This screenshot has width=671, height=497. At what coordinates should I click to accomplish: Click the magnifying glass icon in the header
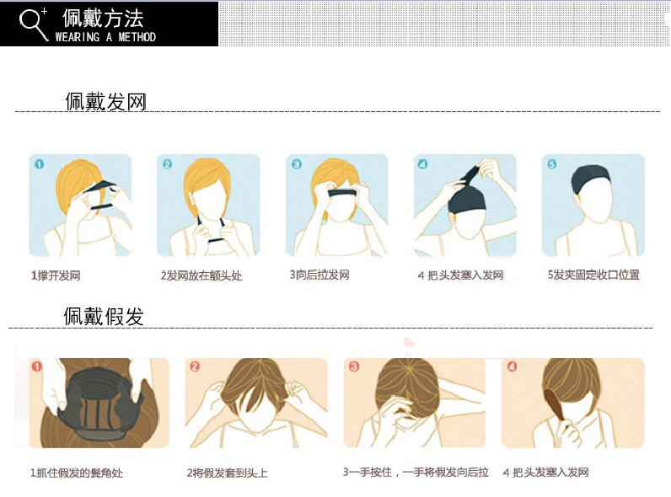click(x=34, y=24)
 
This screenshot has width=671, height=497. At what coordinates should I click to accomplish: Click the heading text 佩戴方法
click(x=103, y=18)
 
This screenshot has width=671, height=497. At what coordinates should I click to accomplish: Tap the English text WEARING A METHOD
click(x=105, y=37)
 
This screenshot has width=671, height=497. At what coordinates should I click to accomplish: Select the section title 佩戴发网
click(x=105, y=102)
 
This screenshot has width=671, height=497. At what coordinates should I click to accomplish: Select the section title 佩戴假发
click(x=104, y=317)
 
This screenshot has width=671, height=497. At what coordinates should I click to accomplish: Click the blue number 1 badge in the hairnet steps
click(x=40, y=163)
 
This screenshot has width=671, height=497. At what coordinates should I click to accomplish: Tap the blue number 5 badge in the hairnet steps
click(x=552, y=163)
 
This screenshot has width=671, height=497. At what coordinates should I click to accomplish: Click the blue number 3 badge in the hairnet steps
click(x=296, y=163)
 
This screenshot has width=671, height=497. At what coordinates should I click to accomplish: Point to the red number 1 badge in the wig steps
click(x=37, y=366)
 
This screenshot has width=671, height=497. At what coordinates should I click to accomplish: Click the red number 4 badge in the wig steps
click(x=512, y=366)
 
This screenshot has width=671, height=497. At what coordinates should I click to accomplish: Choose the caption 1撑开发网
click(x=56, y=275)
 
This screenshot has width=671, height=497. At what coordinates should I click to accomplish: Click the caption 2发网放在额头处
click(x=201, y=275)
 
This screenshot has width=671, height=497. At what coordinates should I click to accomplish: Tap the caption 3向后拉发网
click(x=319, y=275)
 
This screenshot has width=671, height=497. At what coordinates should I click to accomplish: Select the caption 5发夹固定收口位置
click(x=593, y=275)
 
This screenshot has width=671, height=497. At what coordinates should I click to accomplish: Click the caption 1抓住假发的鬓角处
click(x=77, y=473)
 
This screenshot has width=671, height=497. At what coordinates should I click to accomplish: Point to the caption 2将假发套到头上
click(x=228, y=473)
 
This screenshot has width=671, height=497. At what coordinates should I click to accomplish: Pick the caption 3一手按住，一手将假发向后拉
click(x=416, y=473)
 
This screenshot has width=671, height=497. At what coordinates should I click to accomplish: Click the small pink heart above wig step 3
click(x=409, y=342)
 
